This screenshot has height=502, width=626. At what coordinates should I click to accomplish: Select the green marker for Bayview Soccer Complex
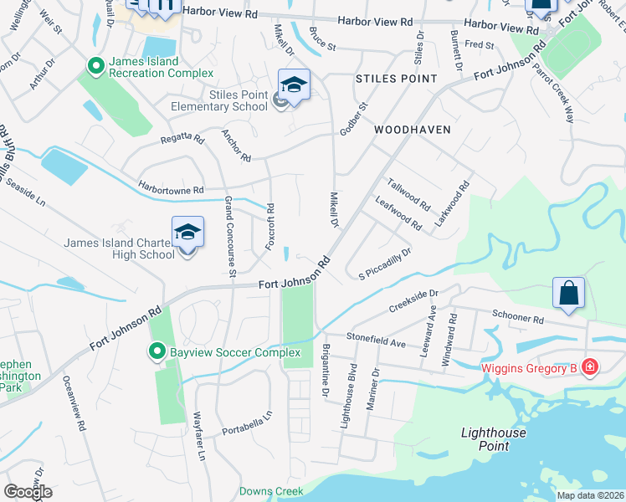pyautogui.click(x=156, y=351)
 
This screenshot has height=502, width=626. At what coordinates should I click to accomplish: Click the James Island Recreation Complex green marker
pyautogui.click(x=95, y=64)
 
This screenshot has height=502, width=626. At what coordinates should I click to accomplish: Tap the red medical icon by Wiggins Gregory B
pyautogui.click(x=589, y=367)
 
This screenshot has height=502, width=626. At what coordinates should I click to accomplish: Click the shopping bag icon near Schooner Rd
pyautogui.click(x=568, y=294)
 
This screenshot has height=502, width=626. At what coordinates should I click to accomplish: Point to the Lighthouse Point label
pyautogui.click(x=494, y=439)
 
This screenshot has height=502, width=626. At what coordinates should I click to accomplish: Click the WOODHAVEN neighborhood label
pyautogui.click(x=413, y=130)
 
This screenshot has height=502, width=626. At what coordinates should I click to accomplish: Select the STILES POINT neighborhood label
pyautogui.click(x=397, y=79)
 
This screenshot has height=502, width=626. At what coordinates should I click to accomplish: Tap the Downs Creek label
pyautogui.click(x=270, y=491)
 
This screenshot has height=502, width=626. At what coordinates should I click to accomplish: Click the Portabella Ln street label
pyautogui.click(x=248, y=423)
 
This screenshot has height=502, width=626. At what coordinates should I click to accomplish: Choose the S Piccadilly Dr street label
pyautogui.click(x=385, y=264)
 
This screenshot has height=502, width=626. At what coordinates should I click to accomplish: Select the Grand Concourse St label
pyautogui.click(x=228, y=236)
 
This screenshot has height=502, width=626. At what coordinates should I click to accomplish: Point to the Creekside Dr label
pyautogui.click(x=413, y=302)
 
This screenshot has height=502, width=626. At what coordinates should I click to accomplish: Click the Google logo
pyautogui.click(x=28, y=491)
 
